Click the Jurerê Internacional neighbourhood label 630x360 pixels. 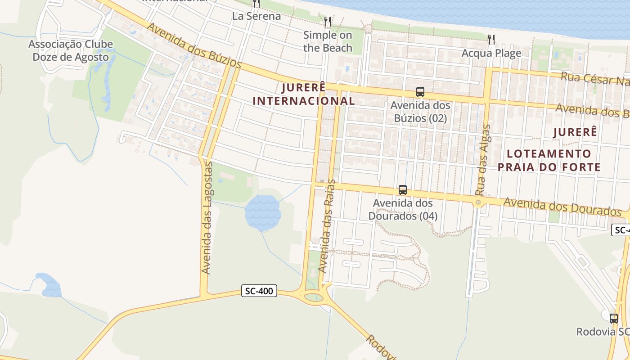pyautogui.click(x=304, y=94)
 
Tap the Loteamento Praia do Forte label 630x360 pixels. pyautogui.click(x=549, y=161)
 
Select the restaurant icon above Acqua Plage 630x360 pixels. pyautogui.click(x=491, y=40)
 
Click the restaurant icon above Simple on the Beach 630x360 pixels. pyautogui.click(x=328, y=21)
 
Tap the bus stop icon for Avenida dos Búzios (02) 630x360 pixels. pyautogui.click(x=420, y=92)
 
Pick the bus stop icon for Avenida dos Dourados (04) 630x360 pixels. pyautogui.click(x=403, y=190)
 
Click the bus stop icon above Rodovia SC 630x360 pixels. pyautogui.click(x=614, y=318)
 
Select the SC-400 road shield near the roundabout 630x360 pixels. pyautogui.click(x=259, y=291)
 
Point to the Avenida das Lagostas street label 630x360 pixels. pyautogui.click(x=207, y=218)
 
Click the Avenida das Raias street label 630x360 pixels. pyautogui.click(x=328, y=226)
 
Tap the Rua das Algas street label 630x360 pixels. pyautogui.click(x=484, y=160)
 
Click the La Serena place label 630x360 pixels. pyautogui.click(x=256, y=16)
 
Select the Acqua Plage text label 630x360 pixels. pyautogui.click(x=491, y=53)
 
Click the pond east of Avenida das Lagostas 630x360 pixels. pyautogui.click(x=262, y=211)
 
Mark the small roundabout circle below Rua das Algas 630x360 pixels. pyautogui.click(x=478, y=202)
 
